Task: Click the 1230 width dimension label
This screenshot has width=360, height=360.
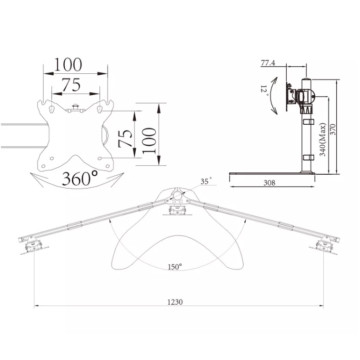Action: click(x=175, y=302)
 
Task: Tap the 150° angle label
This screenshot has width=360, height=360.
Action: click(x=175, y=267)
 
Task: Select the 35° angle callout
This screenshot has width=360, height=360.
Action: click(x=206, y=181)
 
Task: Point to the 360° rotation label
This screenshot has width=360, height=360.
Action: click(x=80, y=179)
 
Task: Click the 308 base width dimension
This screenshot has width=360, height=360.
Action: click(x=270, y=183)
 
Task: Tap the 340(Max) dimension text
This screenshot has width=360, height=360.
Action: click(x=323, y=140)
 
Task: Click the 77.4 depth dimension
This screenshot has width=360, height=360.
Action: click(x=268, y=63)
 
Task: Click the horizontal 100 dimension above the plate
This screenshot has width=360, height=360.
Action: click(x=68, y=64)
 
